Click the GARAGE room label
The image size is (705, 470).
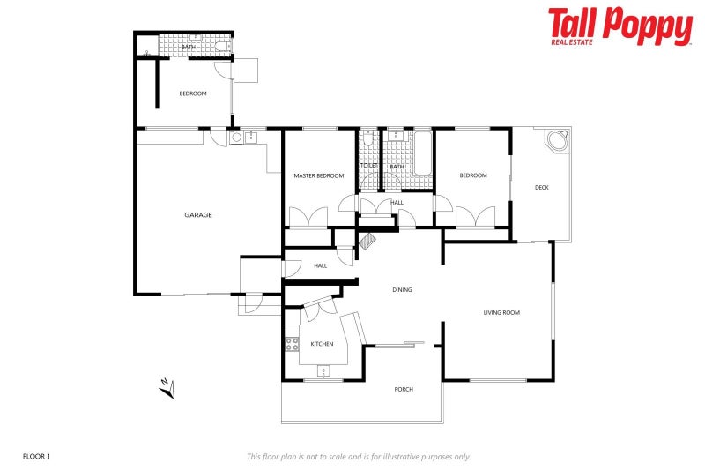coord(197,215)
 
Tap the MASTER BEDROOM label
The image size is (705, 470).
coord(318,176)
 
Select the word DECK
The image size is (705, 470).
coord(542,187)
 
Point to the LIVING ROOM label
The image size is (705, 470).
coord(501,312)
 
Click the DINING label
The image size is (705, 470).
coord(402,290)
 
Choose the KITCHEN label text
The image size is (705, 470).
coord(322,344)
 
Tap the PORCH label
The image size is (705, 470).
coord(404,389)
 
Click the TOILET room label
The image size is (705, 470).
coord(367,166)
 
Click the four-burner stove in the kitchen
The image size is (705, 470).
coord(291,345)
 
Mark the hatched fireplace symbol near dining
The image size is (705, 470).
coord(367,240)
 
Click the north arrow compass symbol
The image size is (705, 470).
coord(167,386)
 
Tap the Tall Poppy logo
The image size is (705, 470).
coord(620,26)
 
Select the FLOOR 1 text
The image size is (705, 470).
coord(36,457)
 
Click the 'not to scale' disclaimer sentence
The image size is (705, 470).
coord(358,457)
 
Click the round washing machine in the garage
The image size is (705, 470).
coord(236,138)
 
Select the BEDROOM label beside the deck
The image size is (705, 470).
coord(472,175)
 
